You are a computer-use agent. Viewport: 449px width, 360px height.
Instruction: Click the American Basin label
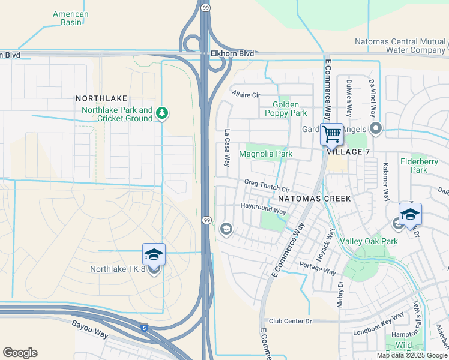click(70, 18)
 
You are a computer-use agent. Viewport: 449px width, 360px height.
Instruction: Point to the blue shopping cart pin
click(331, 134)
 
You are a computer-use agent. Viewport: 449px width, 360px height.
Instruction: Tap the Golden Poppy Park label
click(286, 109)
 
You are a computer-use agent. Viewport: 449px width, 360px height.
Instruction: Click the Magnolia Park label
click(265, 154)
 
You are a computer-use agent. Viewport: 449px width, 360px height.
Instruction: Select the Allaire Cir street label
click(246, 95)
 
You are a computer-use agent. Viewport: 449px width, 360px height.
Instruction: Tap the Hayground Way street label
click(263, 210)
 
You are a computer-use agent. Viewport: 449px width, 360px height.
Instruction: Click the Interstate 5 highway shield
click(144, 328)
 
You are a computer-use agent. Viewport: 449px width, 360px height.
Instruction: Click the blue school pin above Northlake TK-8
click(154, 254)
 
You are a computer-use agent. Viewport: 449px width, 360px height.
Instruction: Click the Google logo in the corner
click(20, 353)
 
